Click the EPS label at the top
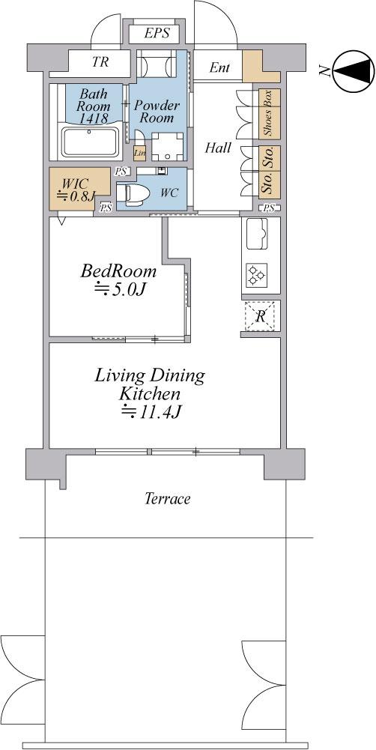(x=157, y=34)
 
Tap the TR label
(x=100, y=63)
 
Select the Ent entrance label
(x=219, y=68)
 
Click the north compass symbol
(x=351, y=71)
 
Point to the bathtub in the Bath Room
(x=88, y=141)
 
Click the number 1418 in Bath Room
(x=92, y=118)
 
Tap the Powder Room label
(x=156, y=112)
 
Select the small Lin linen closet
(x=139, y=153)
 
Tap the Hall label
(x=218, y=148)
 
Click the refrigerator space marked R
(x=260, y=316)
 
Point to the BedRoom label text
(x=119, y=271)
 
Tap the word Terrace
(x=167, y=498)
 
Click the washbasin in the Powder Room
(x=163, y=146)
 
